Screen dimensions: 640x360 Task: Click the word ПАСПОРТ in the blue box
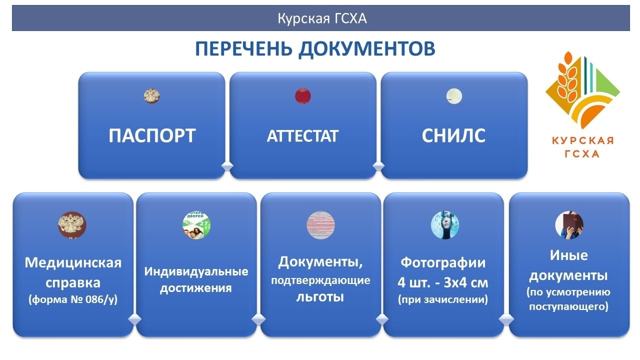[152, 135]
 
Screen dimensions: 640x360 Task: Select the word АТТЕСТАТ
[302, 136]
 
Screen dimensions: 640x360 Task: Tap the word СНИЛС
[453, 135]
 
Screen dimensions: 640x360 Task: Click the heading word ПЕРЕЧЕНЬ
[243, 49]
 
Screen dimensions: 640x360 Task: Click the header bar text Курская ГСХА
[322, 18]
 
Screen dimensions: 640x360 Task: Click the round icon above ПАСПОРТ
[151, 96]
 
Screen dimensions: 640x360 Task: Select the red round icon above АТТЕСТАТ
[303, 96]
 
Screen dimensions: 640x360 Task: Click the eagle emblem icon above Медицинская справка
[72, 225]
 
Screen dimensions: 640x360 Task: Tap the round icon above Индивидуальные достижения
[196, 225]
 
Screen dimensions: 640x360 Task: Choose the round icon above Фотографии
[445, 225]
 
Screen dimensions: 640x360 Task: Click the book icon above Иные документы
[569, 225]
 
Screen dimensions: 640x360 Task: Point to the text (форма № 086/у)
[73, 299]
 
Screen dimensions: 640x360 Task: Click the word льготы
[320, 297]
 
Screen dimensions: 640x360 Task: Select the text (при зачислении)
[443, 299]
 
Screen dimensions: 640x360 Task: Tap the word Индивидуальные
[196, 271]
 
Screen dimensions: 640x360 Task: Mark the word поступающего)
[568, 306]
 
